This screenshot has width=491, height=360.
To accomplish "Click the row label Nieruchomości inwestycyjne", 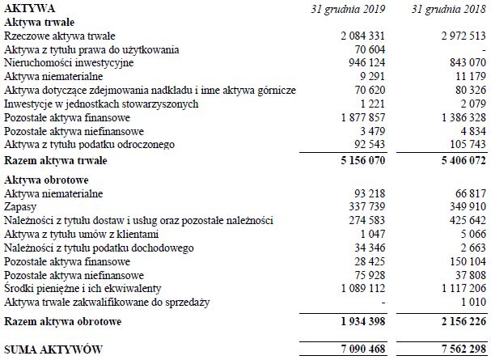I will coord(69,62).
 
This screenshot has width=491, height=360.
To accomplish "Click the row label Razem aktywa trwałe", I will coord(56,161).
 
